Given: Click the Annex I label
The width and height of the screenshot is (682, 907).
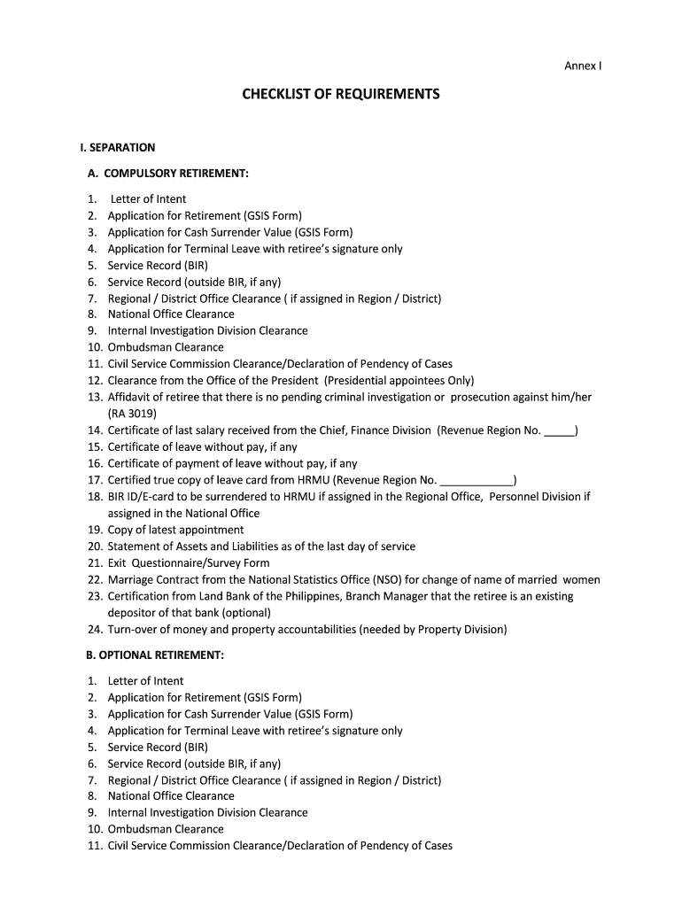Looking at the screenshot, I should tap(584, 66).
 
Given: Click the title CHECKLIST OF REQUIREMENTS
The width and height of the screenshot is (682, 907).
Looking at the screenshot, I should tap(341, 94).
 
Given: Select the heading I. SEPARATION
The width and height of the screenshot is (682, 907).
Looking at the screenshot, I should tap(117, 147).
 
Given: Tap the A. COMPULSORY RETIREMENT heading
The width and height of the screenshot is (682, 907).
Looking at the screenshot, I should tap(167, 174).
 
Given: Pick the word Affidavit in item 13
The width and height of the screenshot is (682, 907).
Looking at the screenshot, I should tap(131, 397).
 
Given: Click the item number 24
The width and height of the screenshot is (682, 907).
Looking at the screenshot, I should tap(95, 630).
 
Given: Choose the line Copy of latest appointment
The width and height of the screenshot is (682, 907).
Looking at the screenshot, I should tap(175, 530).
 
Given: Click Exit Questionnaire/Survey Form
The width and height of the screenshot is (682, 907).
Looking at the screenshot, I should tap(189, 562).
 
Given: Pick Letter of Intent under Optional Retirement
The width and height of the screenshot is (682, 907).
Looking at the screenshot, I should tap(146, 680).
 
